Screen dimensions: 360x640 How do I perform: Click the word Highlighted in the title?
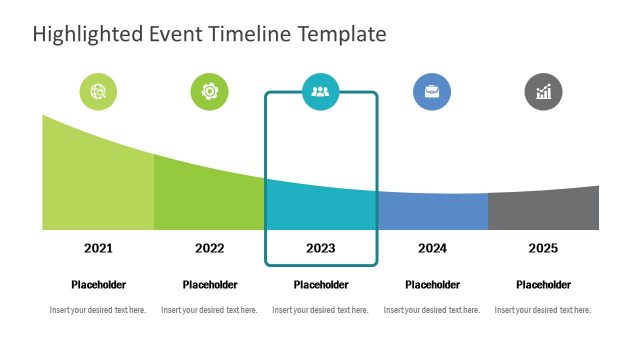87,34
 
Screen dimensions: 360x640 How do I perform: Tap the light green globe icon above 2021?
98,92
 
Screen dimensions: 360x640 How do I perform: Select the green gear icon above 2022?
209,92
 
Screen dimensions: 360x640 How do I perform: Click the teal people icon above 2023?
320,92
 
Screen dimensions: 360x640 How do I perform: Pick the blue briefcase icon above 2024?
432,92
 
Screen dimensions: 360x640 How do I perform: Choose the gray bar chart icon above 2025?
543,92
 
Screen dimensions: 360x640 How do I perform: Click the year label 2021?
98,248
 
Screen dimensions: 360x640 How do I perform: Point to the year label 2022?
209,248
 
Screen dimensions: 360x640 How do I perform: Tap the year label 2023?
320,248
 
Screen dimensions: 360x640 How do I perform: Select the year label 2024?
432,248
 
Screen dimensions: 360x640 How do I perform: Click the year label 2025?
543,248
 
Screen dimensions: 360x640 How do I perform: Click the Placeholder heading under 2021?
98,285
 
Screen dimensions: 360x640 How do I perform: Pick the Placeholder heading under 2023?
320,285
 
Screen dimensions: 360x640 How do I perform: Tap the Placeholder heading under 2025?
543,285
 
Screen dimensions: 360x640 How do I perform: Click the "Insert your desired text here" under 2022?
209,310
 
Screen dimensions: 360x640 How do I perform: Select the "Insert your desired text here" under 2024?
432,310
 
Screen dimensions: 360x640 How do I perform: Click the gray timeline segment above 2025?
543,211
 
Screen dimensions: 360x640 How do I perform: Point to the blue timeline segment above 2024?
432,212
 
